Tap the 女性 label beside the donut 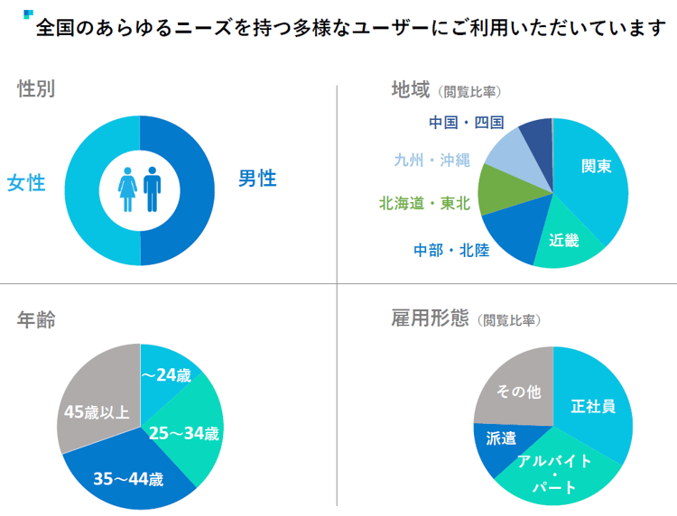(x=26, y=183)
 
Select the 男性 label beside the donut (x=257, y=179)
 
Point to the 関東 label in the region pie (x=596, y=167)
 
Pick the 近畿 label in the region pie (x=564, y=239)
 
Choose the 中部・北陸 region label (x=451, y=250)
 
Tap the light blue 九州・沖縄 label (x=432, y=161)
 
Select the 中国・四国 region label (x=466, y=123)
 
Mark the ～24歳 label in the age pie (x=166, y=374)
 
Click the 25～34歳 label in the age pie (x=183, y=434)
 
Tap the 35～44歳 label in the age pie (x=128, y=479)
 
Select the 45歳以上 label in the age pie (x=97, y=412)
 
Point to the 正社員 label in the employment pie (x=593, y=406)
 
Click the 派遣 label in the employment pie (x=501, y=438)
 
